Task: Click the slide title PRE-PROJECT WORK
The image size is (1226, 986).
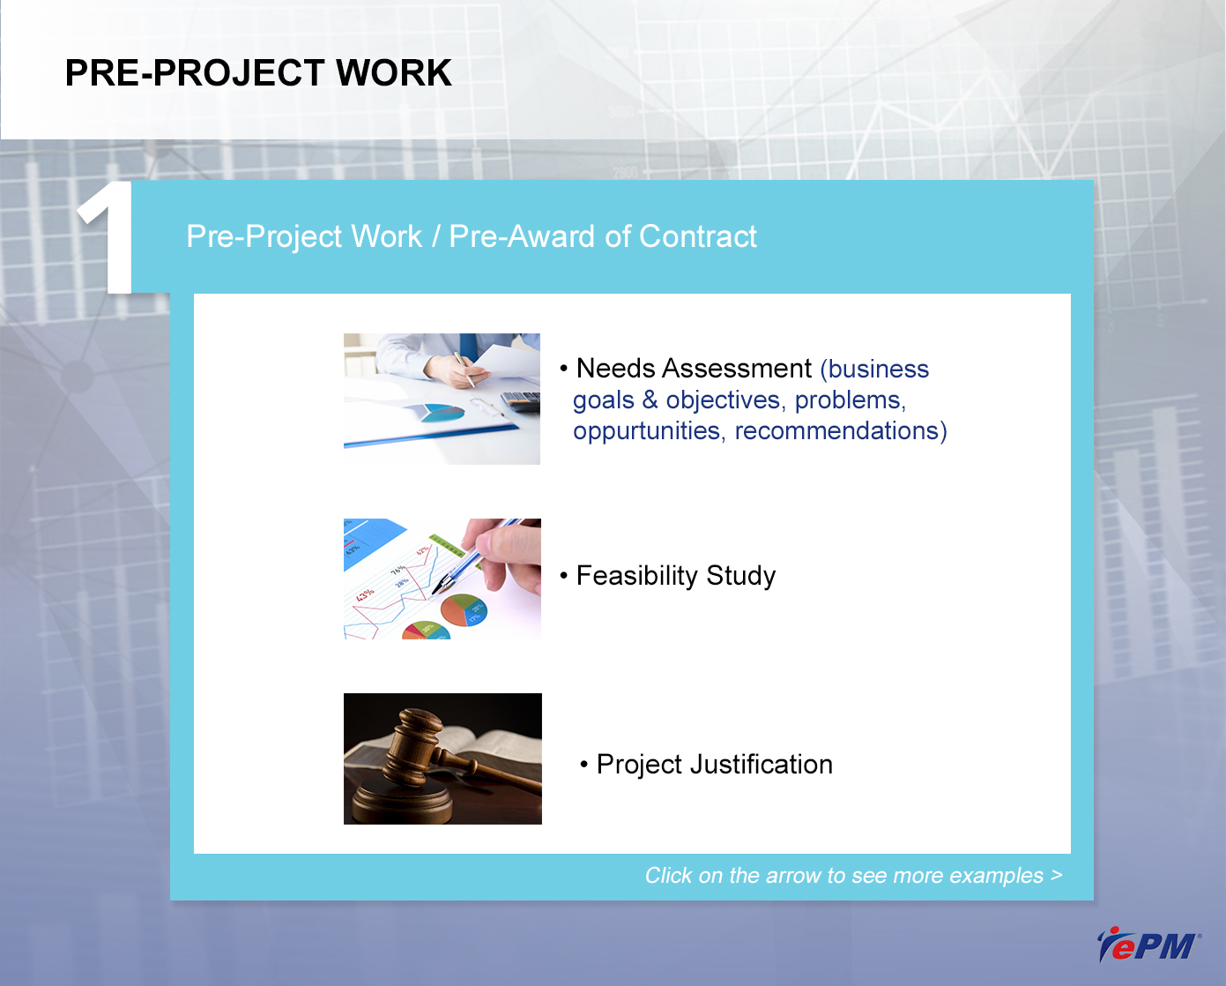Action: [258, 73]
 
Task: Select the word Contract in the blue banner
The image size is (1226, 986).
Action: [698, 236]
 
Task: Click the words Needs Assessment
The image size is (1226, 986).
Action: [694, 369]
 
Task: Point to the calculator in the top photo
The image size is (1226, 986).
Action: [521, 401]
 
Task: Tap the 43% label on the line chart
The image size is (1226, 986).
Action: [365, 594]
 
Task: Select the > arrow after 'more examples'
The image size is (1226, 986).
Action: [1057, 874]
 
